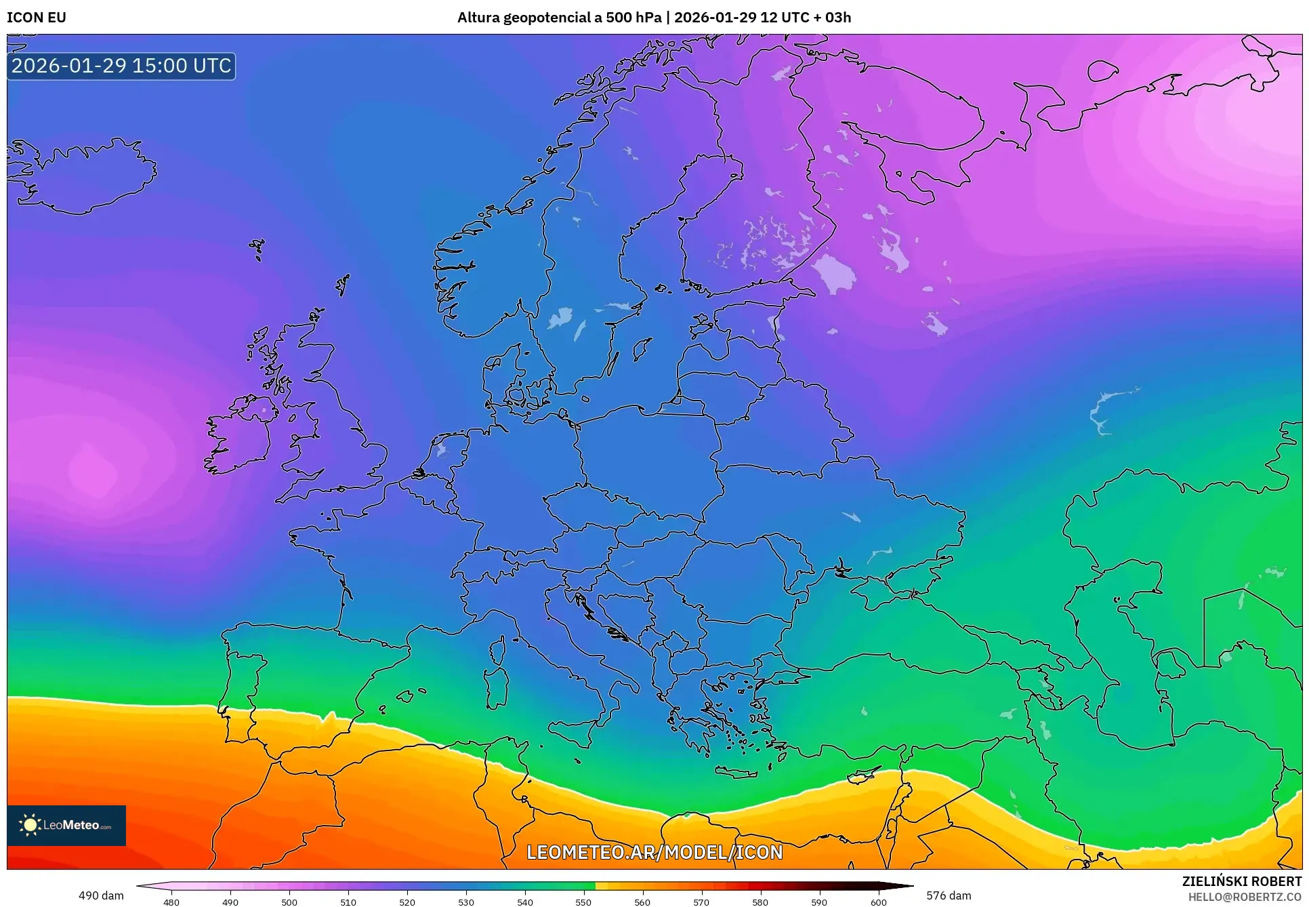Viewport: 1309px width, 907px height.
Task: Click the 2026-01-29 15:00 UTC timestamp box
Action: click(121, 66)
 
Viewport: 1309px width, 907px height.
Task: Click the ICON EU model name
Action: click(37, 18)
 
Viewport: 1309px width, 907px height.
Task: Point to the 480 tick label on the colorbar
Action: click(171, 902)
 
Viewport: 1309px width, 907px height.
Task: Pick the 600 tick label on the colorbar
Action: click(878, 902)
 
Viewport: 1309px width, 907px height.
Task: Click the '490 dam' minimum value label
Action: click(101, 895)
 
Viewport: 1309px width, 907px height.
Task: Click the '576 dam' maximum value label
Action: click(949, 895)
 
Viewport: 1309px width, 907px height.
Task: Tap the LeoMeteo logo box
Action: click(66, 825)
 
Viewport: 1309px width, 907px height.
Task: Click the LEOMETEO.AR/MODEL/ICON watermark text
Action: click(654, 852)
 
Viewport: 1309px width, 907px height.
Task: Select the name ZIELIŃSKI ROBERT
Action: click(1241, 881)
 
